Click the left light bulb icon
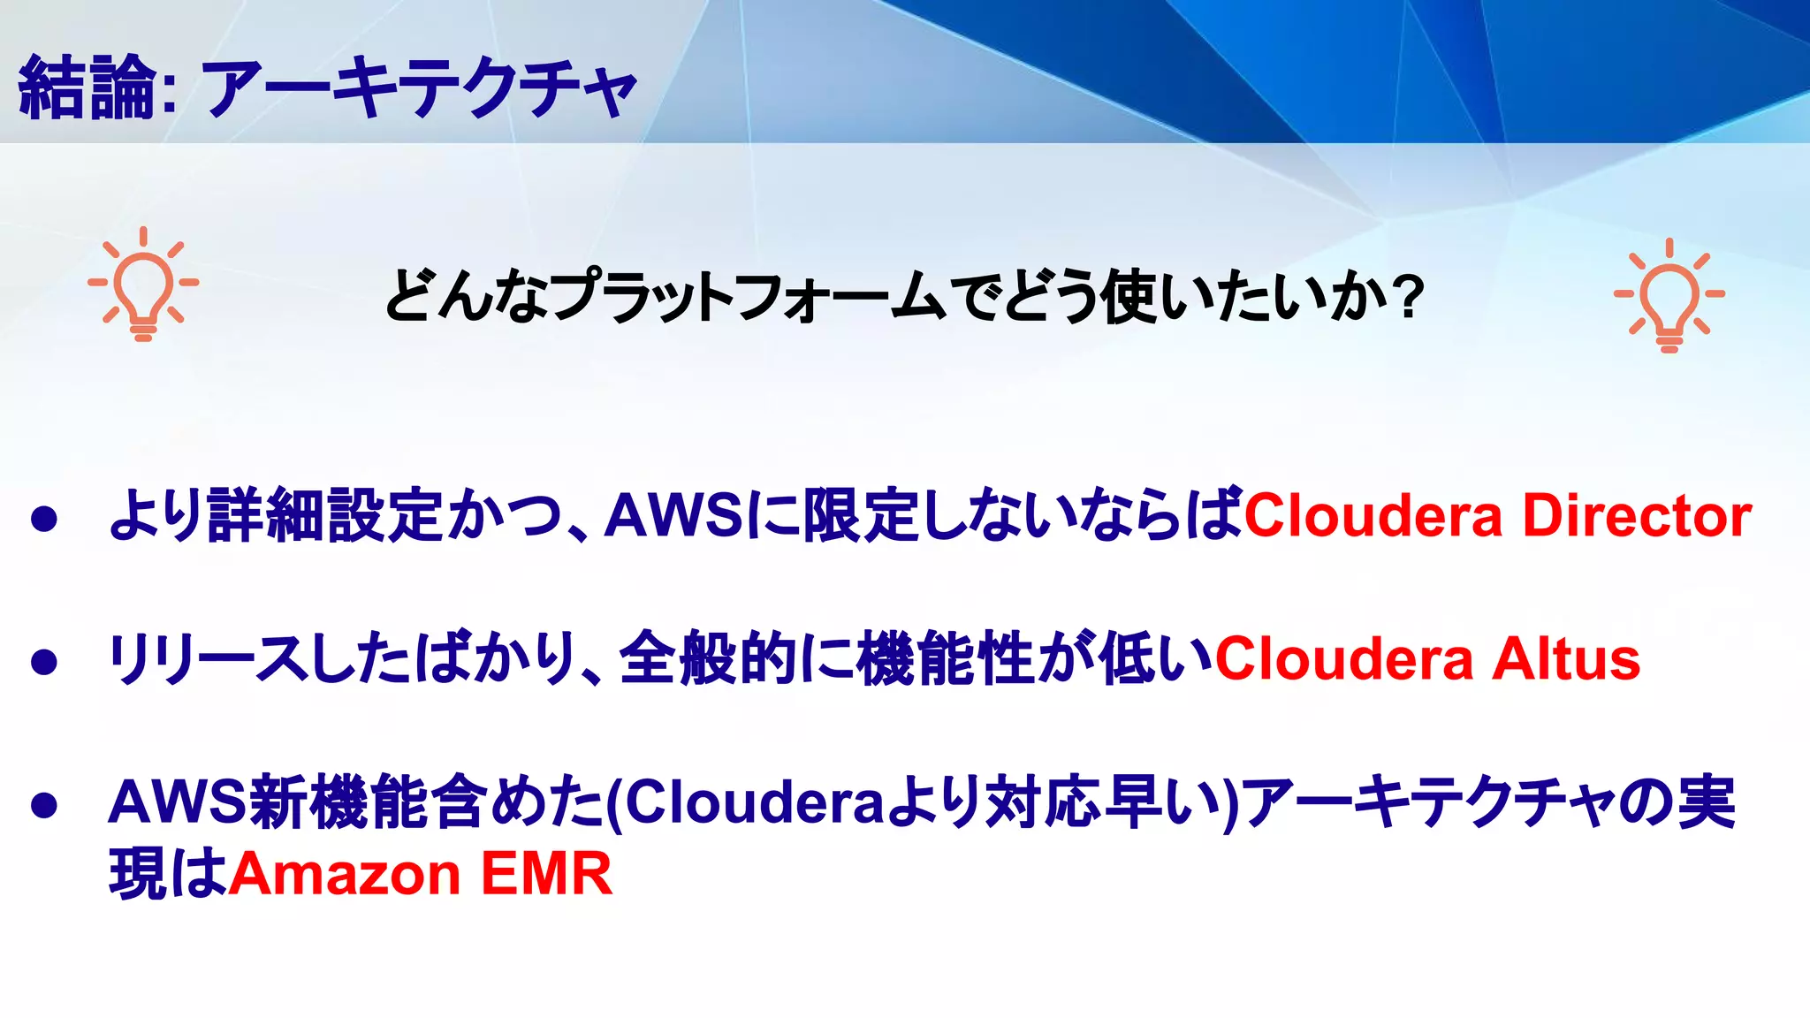point(143,285)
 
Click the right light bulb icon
point(1669,296)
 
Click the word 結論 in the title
point(88,87)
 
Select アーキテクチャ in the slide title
point(419,87)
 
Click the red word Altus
point(1566,660)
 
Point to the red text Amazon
point(346,874)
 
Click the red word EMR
point(546,874)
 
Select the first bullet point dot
point(44,519)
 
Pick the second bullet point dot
point(44,662)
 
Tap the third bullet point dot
point(44,804)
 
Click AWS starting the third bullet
point(178,802)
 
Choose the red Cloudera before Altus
point(1344,660)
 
